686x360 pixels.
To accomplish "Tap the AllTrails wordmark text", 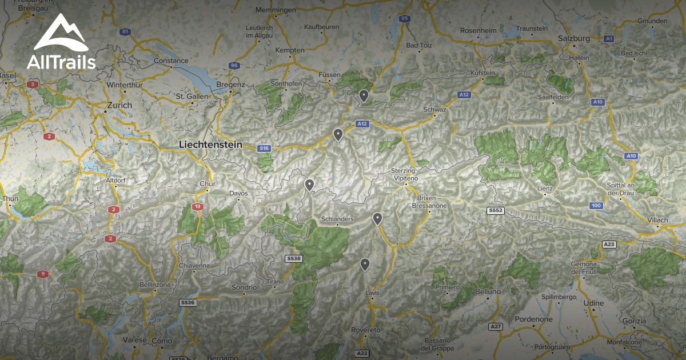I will (61, 62).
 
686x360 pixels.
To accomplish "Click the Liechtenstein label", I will (210, 145).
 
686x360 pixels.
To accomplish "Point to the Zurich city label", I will (119, 105).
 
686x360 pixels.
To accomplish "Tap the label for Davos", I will (238, 194).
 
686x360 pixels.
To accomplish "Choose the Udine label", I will (594, 303).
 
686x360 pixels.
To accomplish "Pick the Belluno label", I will (488, 292).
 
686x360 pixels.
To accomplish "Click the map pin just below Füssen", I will (364, 95).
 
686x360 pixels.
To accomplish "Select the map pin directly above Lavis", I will (365, 264).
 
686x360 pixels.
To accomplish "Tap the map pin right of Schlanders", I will (377, 218).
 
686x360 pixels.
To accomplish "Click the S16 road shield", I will (264, 149).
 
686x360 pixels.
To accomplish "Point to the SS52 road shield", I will (495, 211).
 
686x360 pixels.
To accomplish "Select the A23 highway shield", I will (609, 245).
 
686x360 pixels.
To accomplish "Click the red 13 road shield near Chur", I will (198, 207).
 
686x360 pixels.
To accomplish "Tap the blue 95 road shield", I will (405, 19).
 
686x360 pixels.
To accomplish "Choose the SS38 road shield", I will (293, 259).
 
